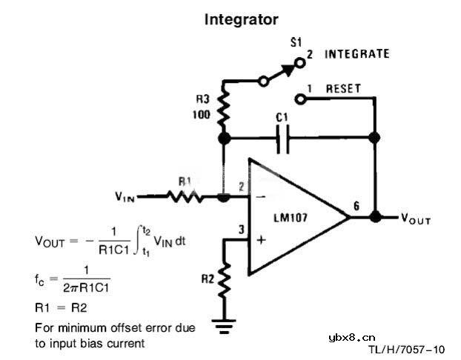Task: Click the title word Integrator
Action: [242, 20]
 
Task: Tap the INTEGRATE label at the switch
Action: [357, 54]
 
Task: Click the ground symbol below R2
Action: [222, 323]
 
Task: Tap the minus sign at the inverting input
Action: [259, 198]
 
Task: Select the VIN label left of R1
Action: [125, 197]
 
